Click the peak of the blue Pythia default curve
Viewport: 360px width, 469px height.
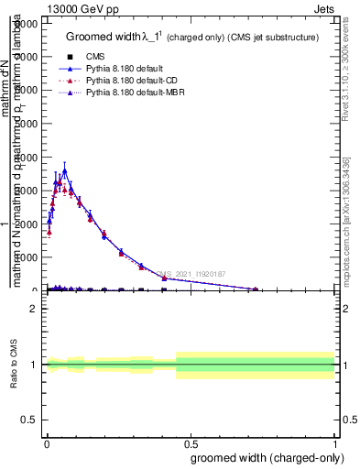[64, 170]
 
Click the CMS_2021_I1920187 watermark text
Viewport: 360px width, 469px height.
[194, 273]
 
